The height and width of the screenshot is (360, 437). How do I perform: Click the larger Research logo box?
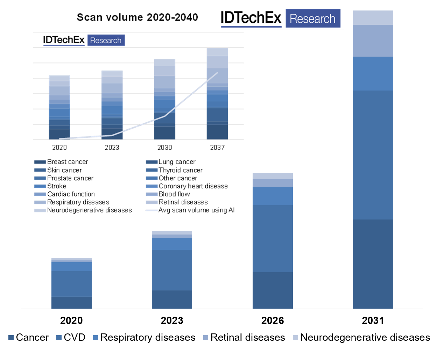313,19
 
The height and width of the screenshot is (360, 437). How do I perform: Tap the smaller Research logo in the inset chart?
106,40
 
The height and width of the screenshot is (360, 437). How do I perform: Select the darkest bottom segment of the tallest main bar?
373,264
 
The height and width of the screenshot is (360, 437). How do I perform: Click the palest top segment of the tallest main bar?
373,18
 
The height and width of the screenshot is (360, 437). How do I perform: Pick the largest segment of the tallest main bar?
373,155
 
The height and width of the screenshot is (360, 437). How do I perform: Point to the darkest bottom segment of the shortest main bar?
71,303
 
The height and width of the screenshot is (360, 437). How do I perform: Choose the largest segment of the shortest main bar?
71,284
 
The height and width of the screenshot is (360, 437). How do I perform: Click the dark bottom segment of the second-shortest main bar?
172,300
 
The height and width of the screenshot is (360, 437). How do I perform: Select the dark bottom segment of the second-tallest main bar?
273,290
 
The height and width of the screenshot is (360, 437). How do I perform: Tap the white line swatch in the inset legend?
152,210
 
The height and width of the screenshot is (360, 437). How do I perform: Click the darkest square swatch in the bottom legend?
11,338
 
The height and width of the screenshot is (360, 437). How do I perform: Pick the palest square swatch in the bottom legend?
295,338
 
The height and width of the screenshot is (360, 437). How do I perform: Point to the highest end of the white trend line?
218,73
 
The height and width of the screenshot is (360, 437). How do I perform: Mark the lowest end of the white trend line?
59,139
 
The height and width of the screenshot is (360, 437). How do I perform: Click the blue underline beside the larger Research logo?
251,27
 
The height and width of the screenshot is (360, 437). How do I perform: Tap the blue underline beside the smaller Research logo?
64,45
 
